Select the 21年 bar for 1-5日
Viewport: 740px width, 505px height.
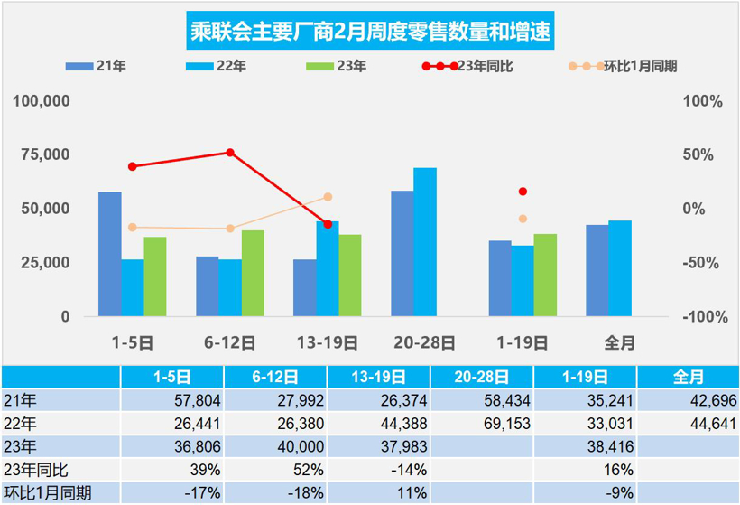pos(110,254)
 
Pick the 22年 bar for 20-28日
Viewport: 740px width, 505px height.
pos(425,242)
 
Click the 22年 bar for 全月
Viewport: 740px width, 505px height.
pos(620,268)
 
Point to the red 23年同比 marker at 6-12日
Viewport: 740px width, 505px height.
pos(230,153)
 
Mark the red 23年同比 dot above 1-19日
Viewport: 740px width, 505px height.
pos(523,192)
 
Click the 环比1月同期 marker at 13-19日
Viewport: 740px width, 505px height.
pos(328,197)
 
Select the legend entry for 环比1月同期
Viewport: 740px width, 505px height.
pos(623,66)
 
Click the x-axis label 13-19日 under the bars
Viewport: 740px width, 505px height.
pos(328,343)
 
